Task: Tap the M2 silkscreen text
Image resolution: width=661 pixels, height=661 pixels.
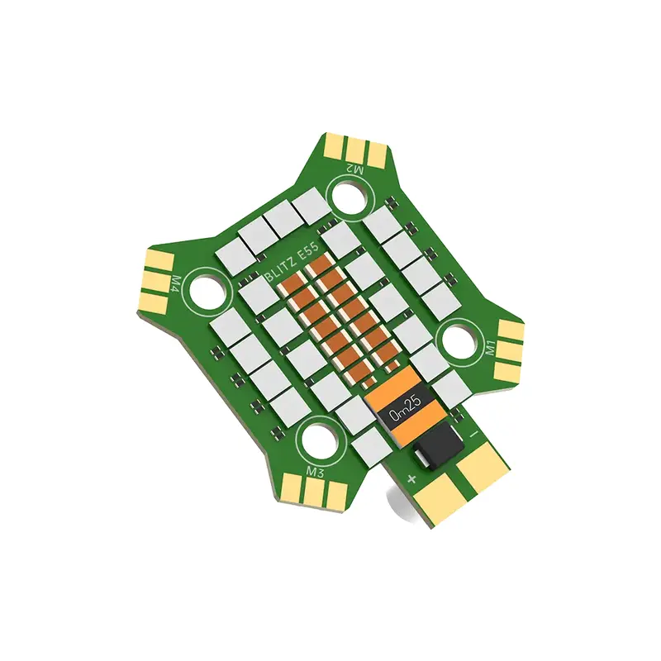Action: pos(354,169)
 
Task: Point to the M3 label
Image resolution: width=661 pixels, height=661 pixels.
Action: pos(314,472)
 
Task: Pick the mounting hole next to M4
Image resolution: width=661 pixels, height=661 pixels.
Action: pos(207,290)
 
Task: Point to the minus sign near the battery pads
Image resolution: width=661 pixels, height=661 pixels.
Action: pos(474,433)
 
